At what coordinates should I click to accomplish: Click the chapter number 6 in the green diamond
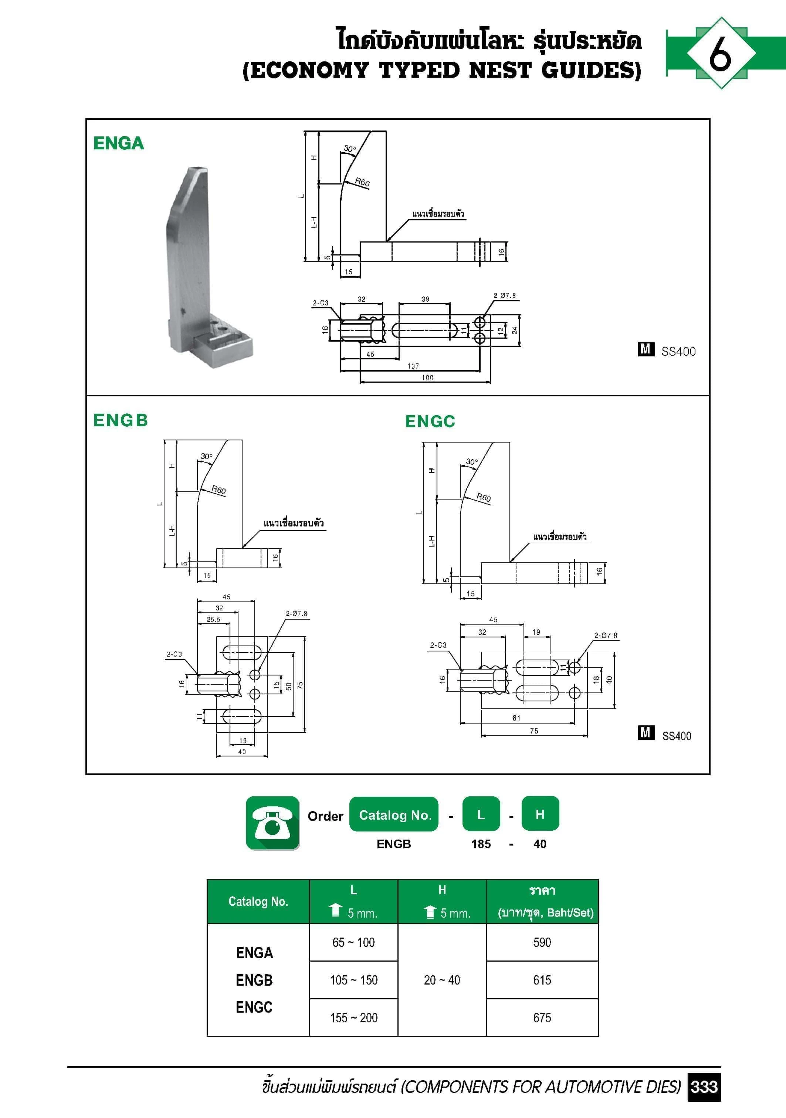(720, 53)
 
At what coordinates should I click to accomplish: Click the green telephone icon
(273, 823)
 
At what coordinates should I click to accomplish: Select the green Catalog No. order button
(394, 815)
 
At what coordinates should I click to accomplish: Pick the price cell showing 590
(542, 942)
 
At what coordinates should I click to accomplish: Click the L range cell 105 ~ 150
(353, 980)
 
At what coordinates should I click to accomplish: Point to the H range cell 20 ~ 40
(442, 980)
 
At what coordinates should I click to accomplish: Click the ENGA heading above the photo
(118, 143)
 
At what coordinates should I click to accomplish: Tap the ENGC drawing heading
(430, 421)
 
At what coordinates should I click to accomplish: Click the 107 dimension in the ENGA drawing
(413, 366)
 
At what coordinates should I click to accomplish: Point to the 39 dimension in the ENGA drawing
(425, 299)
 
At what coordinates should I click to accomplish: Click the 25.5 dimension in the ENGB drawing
(213, 619)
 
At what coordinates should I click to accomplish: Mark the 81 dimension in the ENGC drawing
(516, 718)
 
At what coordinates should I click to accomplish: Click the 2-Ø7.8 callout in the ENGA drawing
(505, 295)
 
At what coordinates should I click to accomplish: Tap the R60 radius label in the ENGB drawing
(218, 490)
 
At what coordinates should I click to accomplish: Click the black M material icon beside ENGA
(646, 349)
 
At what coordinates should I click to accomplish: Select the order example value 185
(481, 844)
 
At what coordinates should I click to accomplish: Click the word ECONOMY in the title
(310, 71)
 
